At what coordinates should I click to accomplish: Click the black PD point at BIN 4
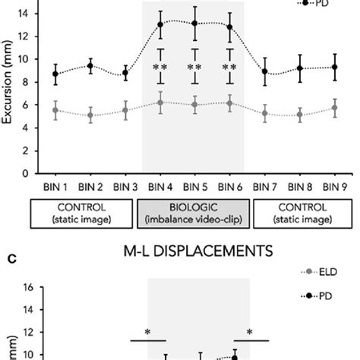click(160, 24)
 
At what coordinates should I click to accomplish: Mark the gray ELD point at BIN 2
click(91, 116)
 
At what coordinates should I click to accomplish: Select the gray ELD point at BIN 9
click(334, 109)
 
